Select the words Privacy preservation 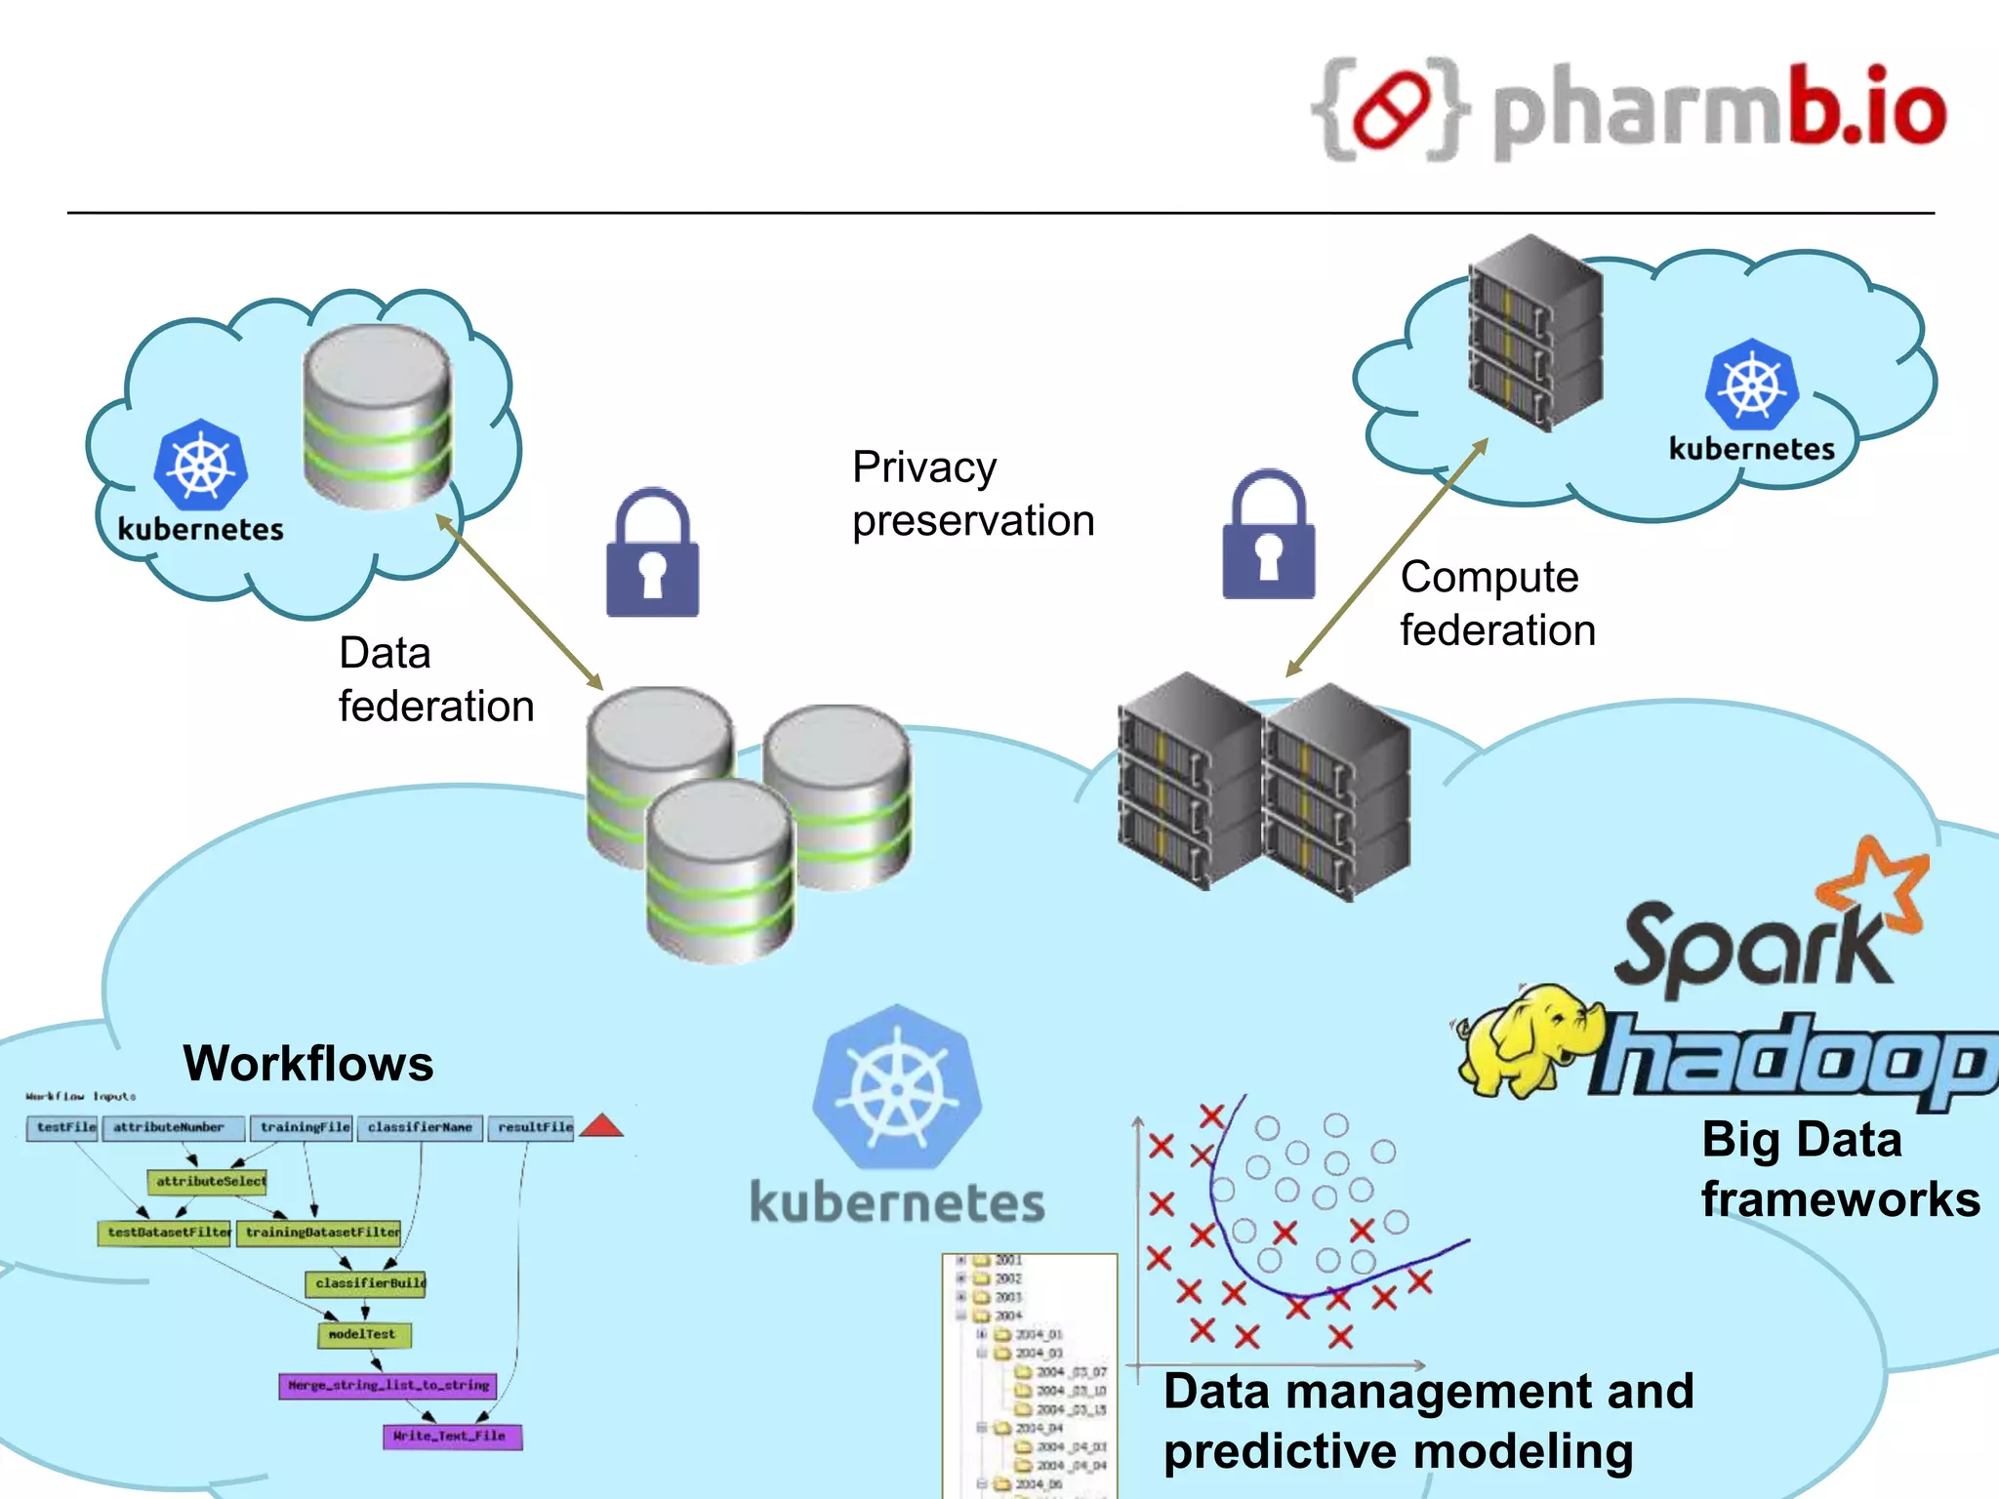[x=972, y=494]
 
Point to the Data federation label [x=435, y=679]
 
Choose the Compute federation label [x=1497, y=603]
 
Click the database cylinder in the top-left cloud [x=377, y=417]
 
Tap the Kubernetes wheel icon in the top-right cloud [x=1752, y=385]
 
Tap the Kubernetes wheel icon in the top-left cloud [x=201, y=466]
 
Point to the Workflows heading [x=308, y=1063]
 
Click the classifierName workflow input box [x=420, y=1127]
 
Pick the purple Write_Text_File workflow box [x=451, y=1436]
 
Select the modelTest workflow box [x=363, y=1334]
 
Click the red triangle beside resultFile [x=601, y=1126]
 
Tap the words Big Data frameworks [x=1839, y=1169]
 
